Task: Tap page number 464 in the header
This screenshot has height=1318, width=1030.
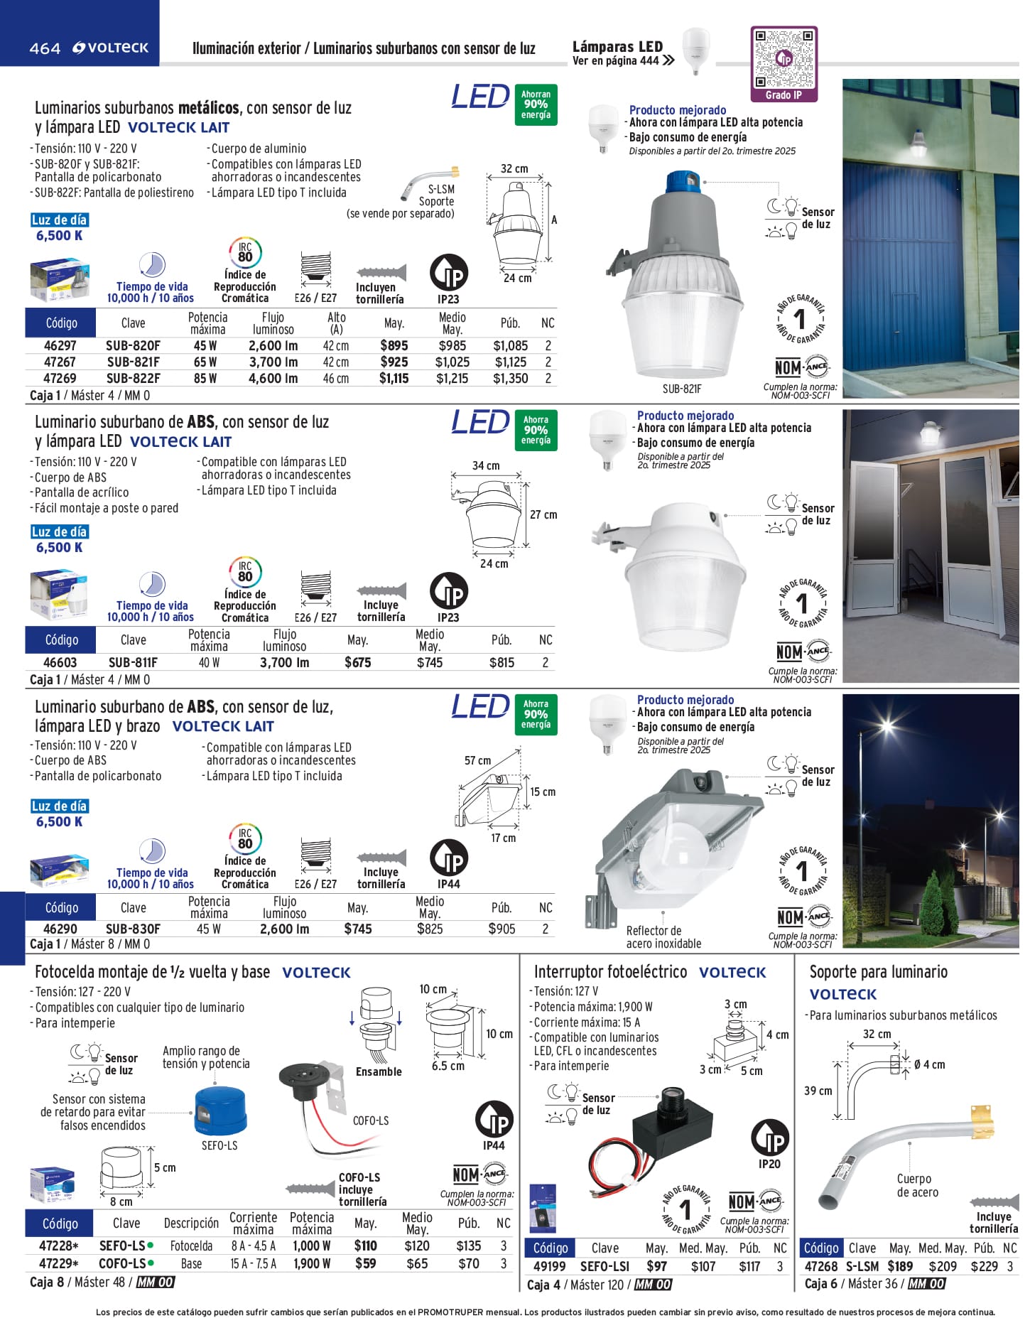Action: tap(45, 48)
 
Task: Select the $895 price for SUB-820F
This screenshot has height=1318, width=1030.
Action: tap(394, 346)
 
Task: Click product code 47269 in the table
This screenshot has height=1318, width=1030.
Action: tap(60, 379)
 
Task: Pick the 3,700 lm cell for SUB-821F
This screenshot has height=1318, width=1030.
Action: tap(273, 362)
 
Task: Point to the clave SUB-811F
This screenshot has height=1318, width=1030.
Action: tap(133, 663)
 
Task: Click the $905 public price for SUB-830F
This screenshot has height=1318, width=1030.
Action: tap(502, 929)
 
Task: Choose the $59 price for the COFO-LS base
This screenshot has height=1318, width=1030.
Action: tap(365, 1264)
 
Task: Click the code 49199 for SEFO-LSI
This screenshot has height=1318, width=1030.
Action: tap(549, 1267)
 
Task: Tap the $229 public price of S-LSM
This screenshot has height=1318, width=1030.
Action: tap(984, 1267)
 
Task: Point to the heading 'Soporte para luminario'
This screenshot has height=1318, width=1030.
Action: tap(878, 972)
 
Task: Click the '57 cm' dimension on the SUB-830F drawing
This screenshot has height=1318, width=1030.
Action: tap(477, 761)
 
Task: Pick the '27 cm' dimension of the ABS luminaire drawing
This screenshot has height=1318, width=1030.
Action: tap(543, 514)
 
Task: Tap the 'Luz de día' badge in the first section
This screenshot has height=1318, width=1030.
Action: tap(59, 220)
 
